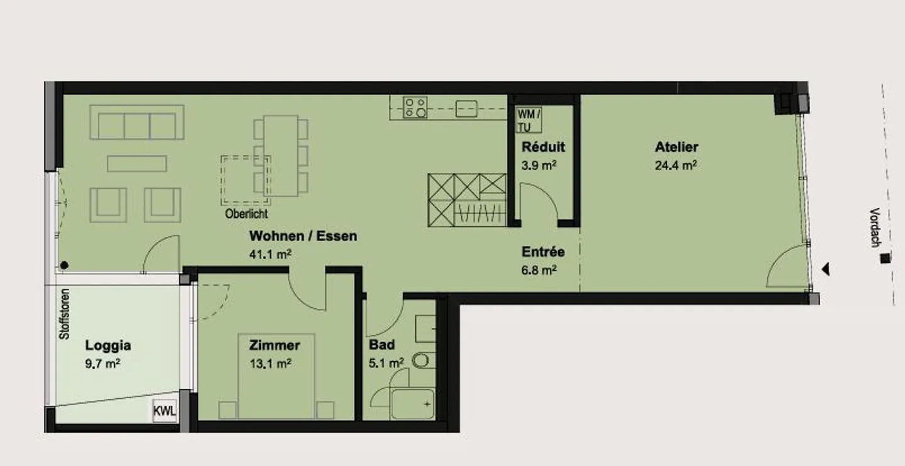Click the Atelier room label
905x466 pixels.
pyautogui.click(x=676, y=147)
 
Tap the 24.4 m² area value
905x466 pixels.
pyautogui.click(x=676, y=166)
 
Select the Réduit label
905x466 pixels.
pyautogui.click(x=543, y=147)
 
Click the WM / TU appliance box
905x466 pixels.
pyautogui.click(x=529, y=121)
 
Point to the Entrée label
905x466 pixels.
pyautogui.click(x=543, y=252)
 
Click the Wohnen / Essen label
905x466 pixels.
pyautogui.click(x=303, y=236)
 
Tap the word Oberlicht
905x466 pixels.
pyautogui.click(x=246, y=214)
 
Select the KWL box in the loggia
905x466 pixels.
pyautogui.click(x=165, y=411)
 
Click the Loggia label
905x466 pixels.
pyautogui.click(x=108, y=345)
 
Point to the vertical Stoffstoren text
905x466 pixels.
pyautogui.click(x=64, y=314)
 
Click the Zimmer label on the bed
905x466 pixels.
pyautogui.click(x=274, y=345)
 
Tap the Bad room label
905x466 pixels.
pyautogui.click(x=382, y=345)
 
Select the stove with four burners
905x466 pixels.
pyautogui.click(x=415, y=107)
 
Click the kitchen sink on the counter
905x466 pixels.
pyautogui.click(x=466, y=109)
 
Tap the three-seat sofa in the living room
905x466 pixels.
pyautogui.click(x=137, y=122)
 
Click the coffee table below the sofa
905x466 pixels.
pyautogui.click(x=137, y=163)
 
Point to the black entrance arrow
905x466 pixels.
pyautogui.click(x=826, y=269)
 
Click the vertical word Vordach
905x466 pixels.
pyautogui.click(x=875, y=227)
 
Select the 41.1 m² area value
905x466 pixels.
pyautogui.click(x=270, y=254)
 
